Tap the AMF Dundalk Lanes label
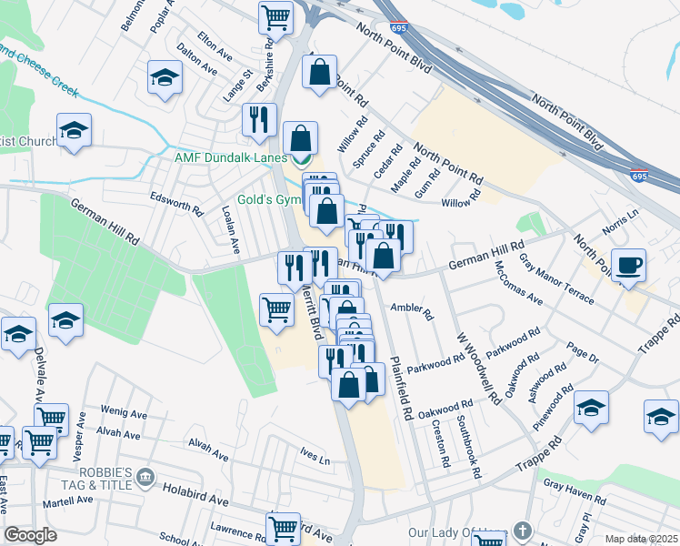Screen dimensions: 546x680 (230, 158)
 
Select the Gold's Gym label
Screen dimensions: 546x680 (265, 199)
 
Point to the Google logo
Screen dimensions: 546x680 (30, 535)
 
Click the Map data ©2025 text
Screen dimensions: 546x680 (641, 539)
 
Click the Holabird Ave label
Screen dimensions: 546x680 (195, 493)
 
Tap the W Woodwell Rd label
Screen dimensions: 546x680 (478, 367)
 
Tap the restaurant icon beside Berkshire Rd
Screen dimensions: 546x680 (260, 118)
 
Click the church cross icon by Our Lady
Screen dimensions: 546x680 (521, 531)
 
